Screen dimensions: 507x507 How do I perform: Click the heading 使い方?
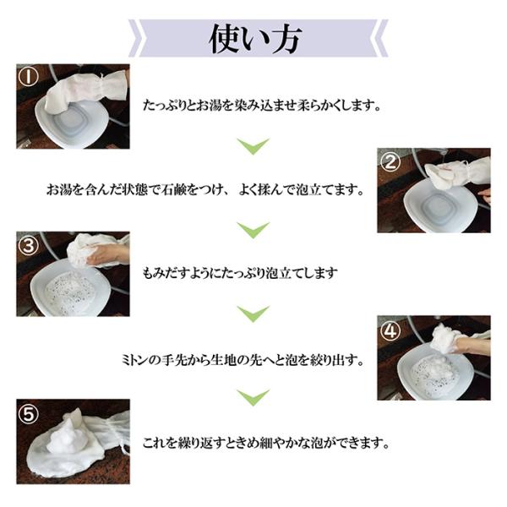[255, 39]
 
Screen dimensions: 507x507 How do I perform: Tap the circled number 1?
[28, 77]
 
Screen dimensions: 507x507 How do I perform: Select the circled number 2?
[390, 161]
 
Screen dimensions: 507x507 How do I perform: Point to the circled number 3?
[28, 245]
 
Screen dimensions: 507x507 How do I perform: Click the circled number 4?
[390, 330]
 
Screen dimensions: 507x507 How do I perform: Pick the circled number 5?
[28, 413]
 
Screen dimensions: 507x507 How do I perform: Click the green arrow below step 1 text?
[253, 146]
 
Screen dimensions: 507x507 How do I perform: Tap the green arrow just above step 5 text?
[253, 398]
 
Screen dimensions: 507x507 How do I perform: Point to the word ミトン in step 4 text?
[135, 360]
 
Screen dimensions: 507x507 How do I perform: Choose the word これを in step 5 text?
[160, 444]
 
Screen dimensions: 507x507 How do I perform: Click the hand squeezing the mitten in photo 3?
[108, 253]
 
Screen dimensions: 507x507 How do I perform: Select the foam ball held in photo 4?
[443, 338]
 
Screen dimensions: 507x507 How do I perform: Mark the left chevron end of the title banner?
[135, 38]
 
